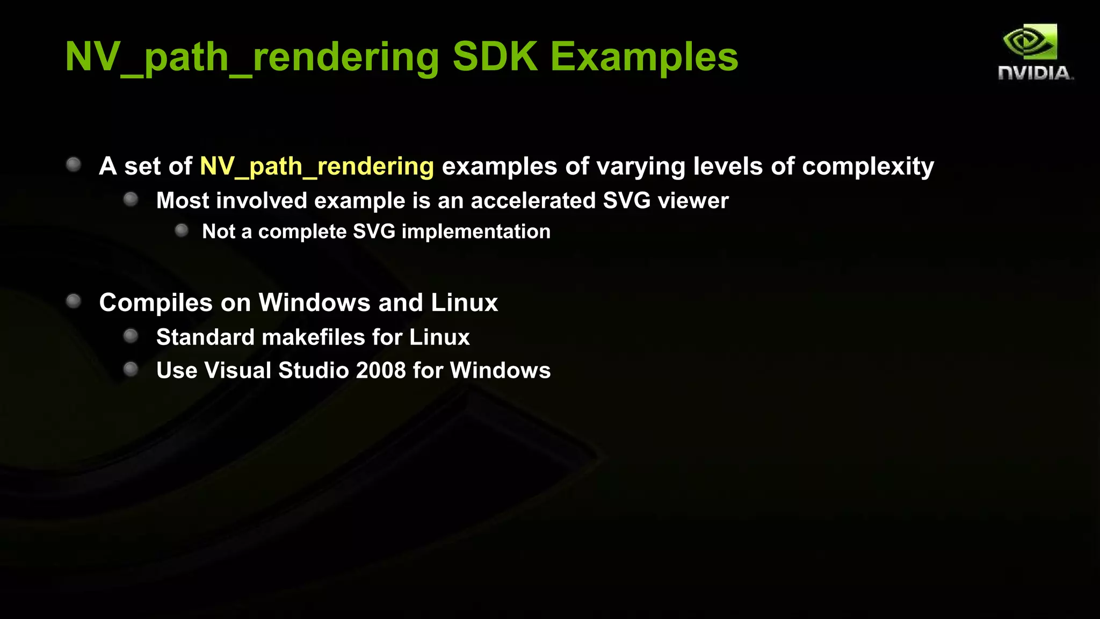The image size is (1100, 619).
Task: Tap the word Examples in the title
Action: click(x=644, y=57)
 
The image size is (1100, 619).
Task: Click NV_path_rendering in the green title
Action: click(x=252, y=57)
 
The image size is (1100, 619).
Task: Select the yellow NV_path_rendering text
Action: click(x=317, y=167)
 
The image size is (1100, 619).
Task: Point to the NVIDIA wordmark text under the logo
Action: click(x=1035, y=73)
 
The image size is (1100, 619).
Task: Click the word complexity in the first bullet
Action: click(x=868, y=167)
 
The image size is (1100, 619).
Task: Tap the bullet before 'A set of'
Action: click(x=74, y=164)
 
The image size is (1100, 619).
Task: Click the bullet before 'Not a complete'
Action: click(x=182, y=231)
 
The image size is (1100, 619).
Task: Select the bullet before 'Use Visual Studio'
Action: click(x=131, y=369)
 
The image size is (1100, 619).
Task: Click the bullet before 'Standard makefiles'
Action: click(x=131, y=336)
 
